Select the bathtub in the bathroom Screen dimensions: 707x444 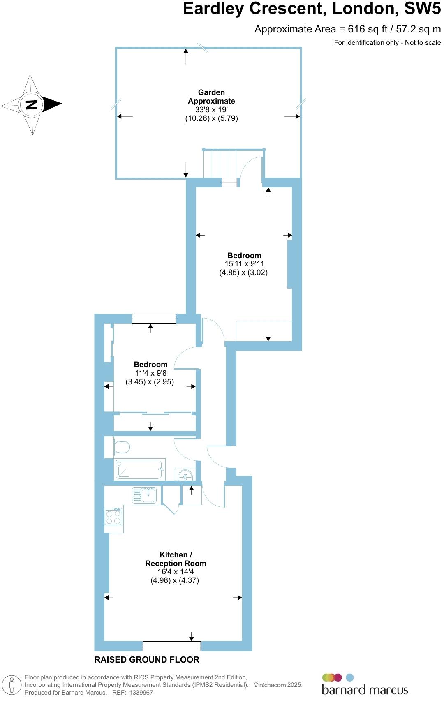(x=139, y=469)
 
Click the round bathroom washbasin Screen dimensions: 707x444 (x=185, y=475)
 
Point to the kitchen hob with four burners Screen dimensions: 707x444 (x=113, y=517)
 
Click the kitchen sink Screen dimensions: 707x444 (x=143, y=494)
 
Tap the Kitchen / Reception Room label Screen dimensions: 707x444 (x=176, y=559)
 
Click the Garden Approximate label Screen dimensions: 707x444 (x=211, y=97)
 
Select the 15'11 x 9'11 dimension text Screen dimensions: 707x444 (x=244, y=264)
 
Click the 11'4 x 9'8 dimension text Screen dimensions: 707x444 (x=150, y=373)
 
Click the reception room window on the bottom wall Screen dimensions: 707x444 (x=171, y=646)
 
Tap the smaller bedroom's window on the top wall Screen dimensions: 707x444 (x=154, y=319)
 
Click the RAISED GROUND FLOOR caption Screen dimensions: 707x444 (x=147, y=660)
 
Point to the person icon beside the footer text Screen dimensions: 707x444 (x=12, y=685)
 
